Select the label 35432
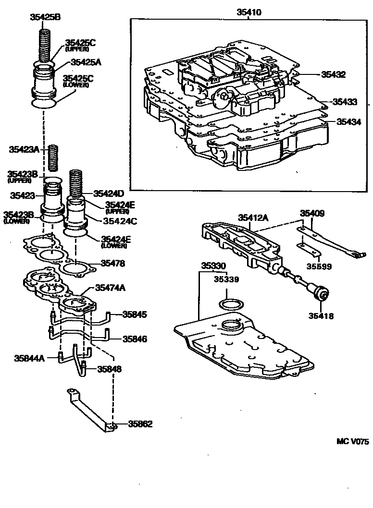[334, 74]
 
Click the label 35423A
[24, 149]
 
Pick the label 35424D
[109, 194]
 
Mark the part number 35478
[113, 263]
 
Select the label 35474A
[111, 288]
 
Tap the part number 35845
[135, 314]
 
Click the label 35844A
[30, 358]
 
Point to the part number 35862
[140, 424]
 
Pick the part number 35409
[312, 213]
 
